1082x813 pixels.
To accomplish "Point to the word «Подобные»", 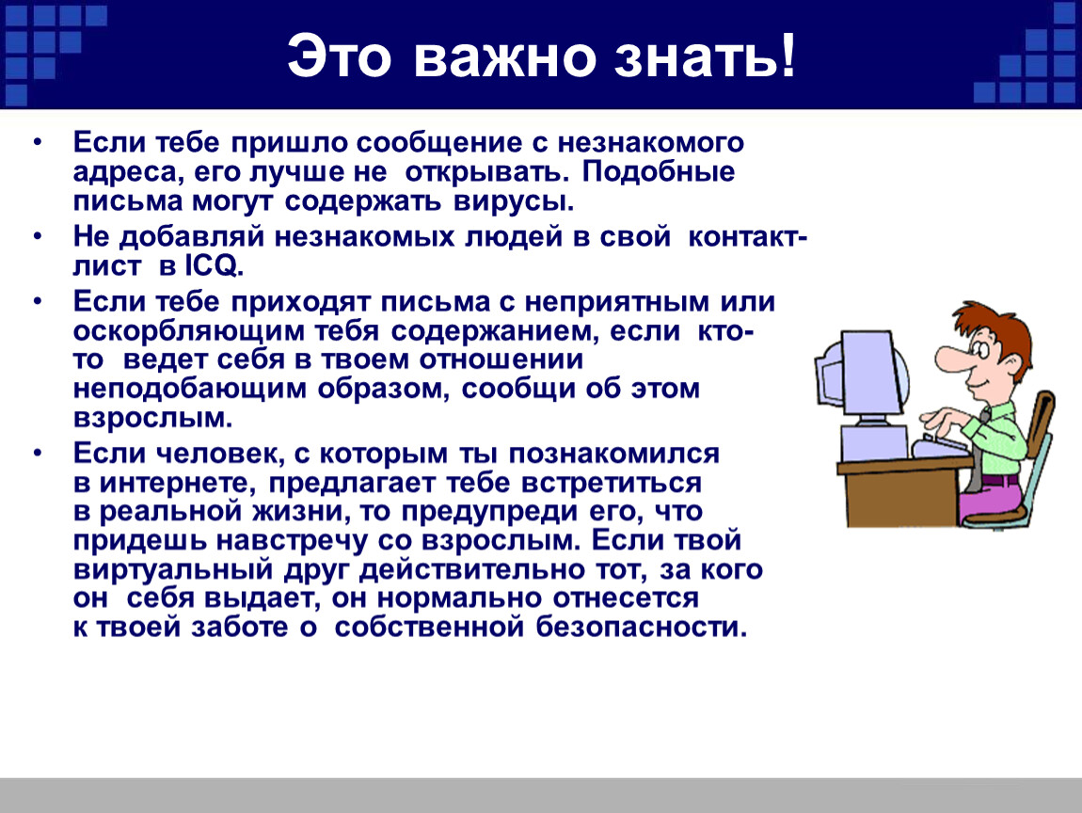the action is pyautogui.click(x=659, y=172).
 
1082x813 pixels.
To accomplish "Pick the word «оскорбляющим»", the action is pyautogui.click(x=188, y=332).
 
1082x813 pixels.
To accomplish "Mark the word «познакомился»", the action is pyautogui.click(x=613, y=454).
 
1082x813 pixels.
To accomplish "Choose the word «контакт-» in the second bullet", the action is pyautogui.click(x=747, y=237).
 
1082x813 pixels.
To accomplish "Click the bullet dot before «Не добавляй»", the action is pyautogui.click(x=38, y=237).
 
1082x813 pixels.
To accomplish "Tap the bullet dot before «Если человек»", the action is pyautogui.click(x=38, y=454).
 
